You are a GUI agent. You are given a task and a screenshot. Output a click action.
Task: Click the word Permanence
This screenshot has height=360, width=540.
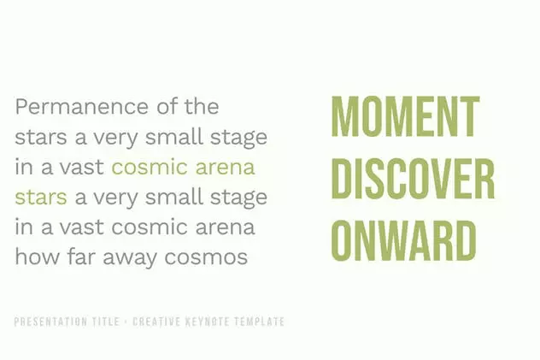click(82, 106)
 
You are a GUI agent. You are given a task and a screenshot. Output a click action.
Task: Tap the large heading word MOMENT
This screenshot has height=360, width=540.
click(405, 116)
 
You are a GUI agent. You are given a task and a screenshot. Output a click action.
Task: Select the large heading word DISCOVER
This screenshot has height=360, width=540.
click(413, 179)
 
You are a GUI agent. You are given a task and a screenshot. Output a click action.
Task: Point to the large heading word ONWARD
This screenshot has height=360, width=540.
click(403, 240)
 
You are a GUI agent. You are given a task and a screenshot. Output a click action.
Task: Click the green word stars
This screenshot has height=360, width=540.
click(41, 198)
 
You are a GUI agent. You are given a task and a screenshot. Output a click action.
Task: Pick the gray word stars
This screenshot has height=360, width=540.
click(41, 137)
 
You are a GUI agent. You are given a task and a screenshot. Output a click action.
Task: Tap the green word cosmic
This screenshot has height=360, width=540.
click(150, 167)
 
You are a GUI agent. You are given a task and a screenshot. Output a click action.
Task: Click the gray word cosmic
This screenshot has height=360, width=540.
click(150, 227)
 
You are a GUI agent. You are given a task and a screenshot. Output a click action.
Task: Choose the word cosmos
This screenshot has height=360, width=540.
click(206, 258)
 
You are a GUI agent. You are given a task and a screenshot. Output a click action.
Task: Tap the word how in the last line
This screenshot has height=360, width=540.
click(37, 257)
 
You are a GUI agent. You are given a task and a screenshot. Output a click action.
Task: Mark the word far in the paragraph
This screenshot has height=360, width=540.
click(80, 257)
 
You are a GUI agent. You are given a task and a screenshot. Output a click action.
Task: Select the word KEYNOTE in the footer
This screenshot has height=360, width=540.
click(208, 322)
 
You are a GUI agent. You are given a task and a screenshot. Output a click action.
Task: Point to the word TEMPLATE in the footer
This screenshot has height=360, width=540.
click(260, 322)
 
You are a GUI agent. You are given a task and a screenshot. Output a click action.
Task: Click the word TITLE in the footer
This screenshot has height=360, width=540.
click(106, 322)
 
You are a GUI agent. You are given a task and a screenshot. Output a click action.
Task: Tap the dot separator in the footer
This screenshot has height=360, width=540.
click(126, 322)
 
